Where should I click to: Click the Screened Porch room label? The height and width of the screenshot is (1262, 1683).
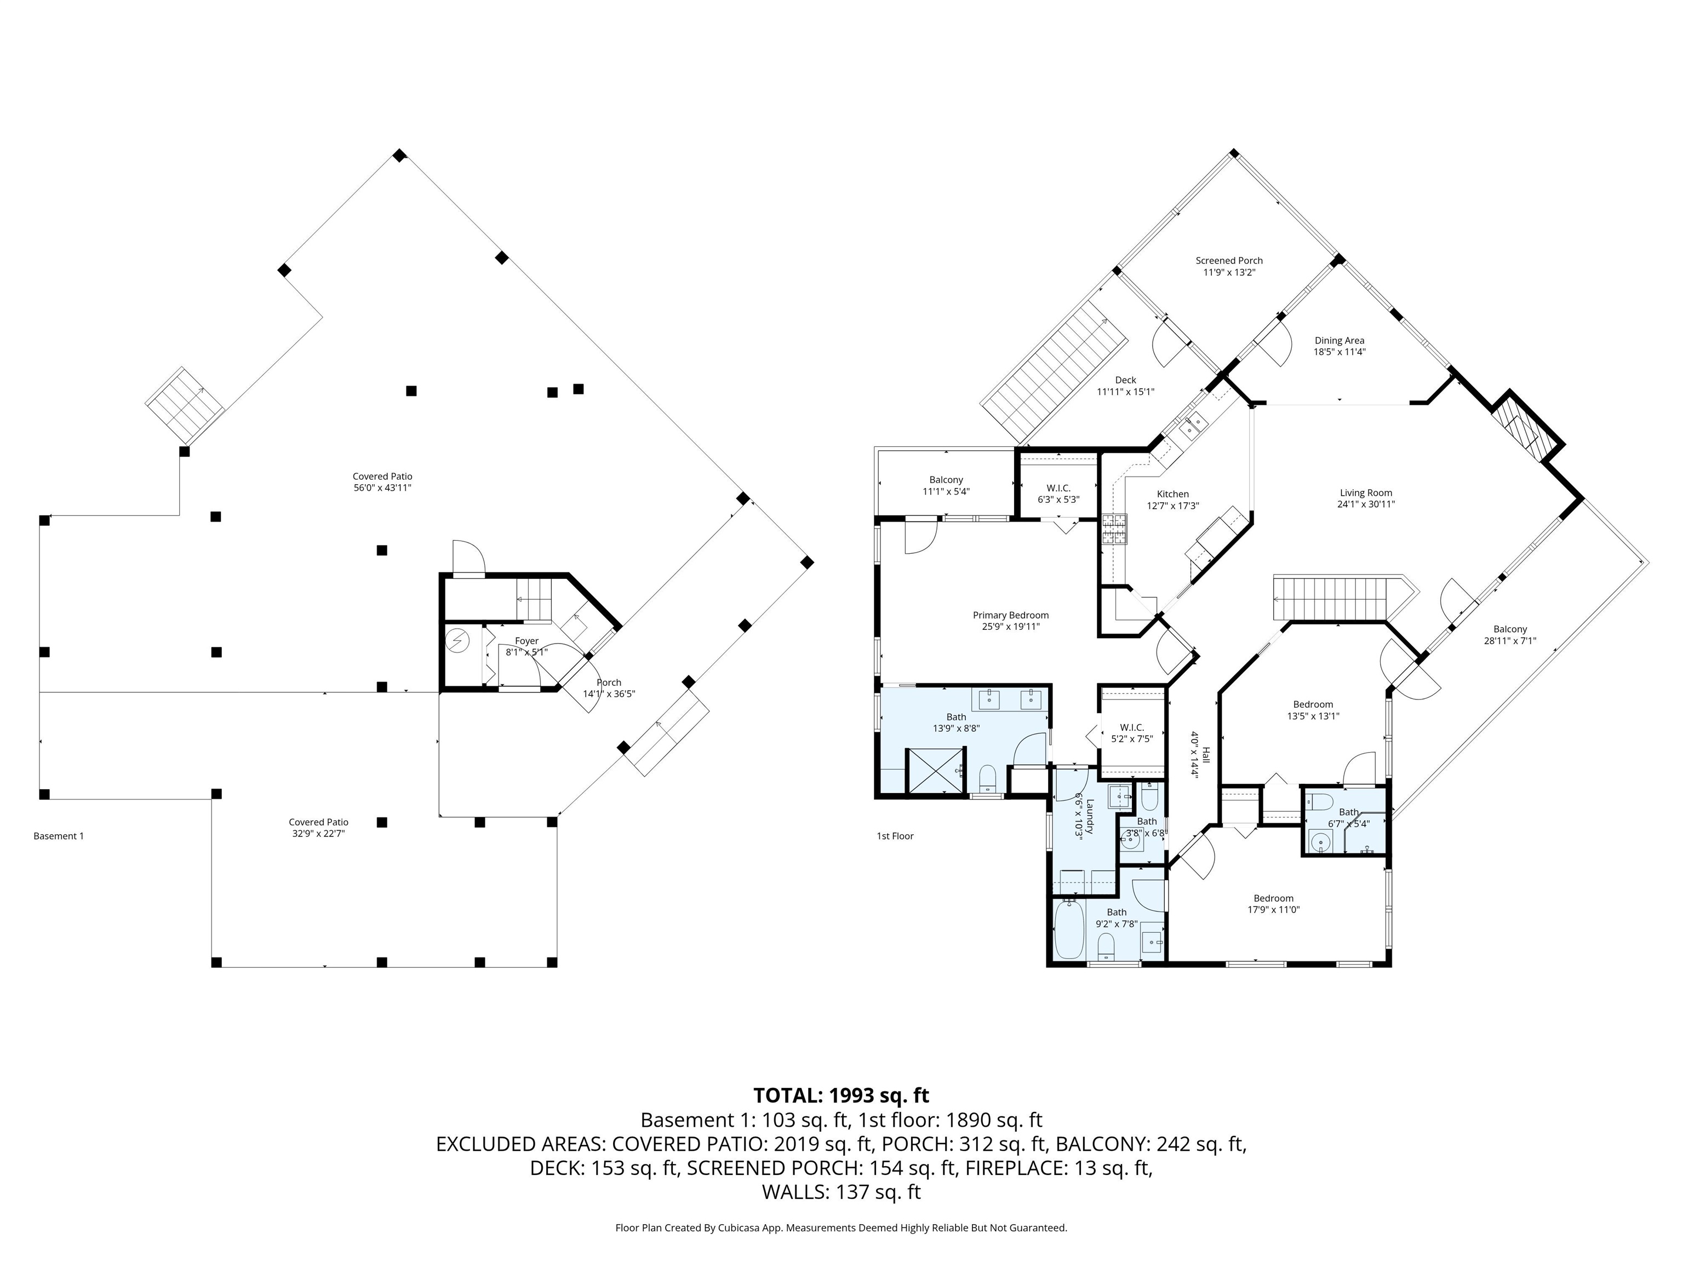pos(1229,261)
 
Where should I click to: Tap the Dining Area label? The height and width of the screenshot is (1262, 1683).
pos(1339,341)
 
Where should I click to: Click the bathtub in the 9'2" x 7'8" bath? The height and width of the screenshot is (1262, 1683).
pos(1069,929)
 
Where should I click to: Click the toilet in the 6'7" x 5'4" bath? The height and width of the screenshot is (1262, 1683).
pos(1319,801)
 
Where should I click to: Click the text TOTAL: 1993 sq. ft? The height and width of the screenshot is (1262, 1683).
pos(841,1095)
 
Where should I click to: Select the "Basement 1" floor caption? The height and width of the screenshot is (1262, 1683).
pos(59,836)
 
